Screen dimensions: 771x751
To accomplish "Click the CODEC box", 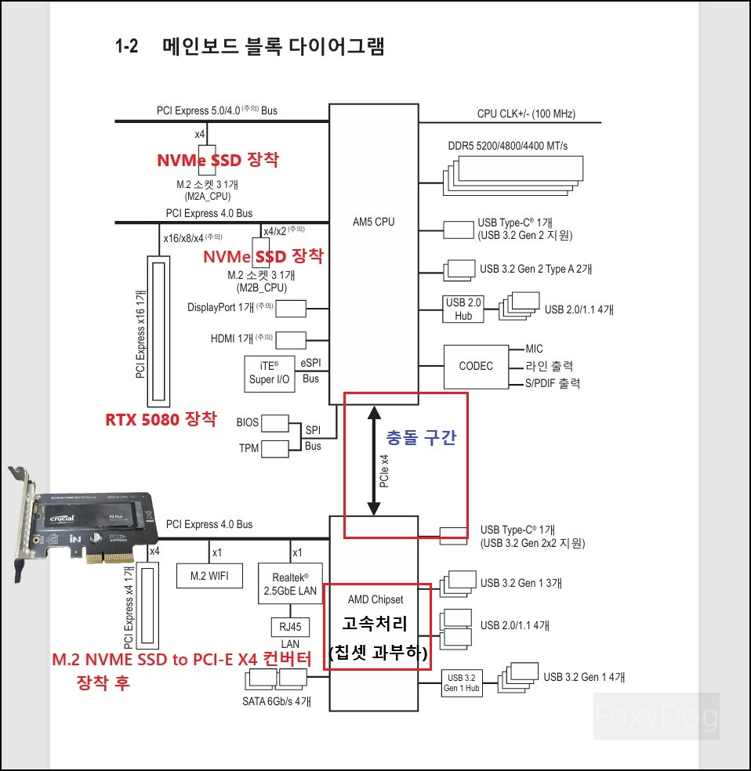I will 476,366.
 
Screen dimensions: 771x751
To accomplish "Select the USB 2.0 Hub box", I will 463,309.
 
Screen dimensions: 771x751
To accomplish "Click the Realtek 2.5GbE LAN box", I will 290,584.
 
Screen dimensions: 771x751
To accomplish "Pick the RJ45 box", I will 290,627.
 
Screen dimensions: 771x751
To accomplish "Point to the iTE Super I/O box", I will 269,374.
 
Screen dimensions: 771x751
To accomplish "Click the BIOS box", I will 274,423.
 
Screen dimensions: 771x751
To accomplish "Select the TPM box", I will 274,448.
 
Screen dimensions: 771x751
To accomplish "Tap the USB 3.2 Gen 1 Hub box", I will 460,682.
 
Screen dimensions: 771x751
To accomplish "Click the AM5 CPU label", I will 374,222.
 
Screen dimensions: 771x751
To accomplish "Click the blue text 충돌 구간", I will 421,438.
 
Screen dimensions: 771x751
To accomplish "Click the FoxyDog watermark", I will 655,716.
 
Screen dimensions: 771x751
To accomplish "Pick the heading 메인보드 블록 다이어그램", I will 273,46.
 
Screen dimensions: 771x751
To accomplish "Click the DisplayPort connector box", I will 290,308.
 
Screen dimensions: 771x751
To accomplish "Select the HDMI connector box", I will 290,339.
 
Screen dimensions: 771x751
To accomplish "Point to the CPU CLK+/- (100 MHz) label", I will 526,114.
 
